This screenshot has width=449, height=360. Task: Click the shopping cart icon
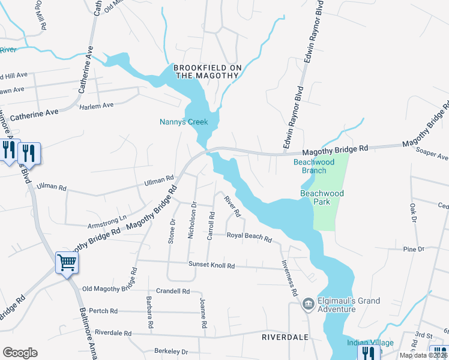pyautogui.click(x=67, y=262)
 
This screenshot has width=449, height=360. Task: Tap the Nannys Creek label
pyautogui.click(x=184, y=122)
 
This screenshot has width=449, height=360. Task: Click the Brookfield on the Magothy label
pyautogui.click(x=208, y=71)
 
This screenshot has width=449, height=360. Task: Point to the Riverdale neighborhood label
pyautogui.click(x=285, y=338)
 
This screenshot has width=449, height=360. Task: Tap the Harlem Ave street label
pyautogui.click(x=97, y=106)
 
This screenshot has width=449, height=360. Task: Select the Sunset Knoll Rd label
pyautogui.click(x=211, y=265)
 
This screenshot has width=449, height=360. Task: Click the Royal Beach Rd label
pyautogui.click(x=249, y=236)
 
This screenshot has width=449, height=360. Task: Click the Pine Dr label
pyautogui.click(x=414, y=248)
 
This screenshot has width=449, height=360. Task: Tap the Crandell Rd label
pyautogui.click(x=173, y=291)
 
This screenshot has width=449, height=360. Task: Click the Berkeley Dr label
pyautogui.click(x=171, y=352)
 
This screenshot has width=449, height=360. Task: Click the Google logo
pyautogui.click(x=20, y=353)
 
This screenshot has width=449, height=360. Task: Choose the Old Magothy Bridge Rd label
pyautogui.click(x=110, y=289)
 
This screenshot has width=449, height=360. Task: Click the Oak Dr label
pyautogui.click(x=413, y=213)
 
